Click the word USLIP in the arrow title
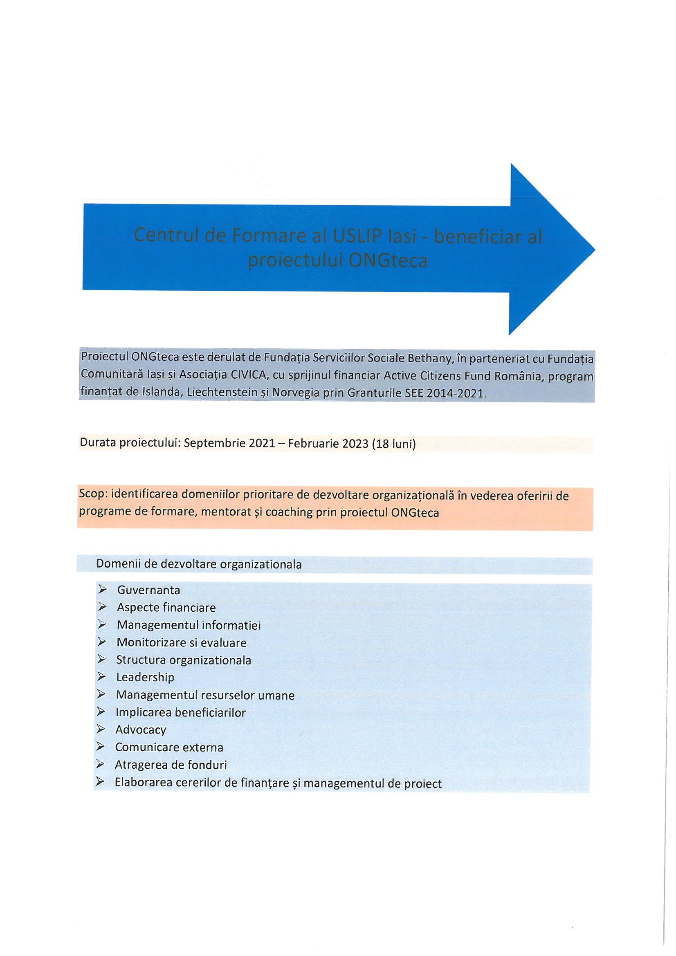357,236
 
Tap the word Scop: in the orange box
93,494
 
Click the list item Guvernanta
148,590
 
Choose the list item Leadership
145,678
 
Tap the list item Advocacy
141,730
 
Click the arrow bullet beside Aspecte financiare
103,607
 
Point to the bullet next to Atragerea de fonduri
100,764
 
